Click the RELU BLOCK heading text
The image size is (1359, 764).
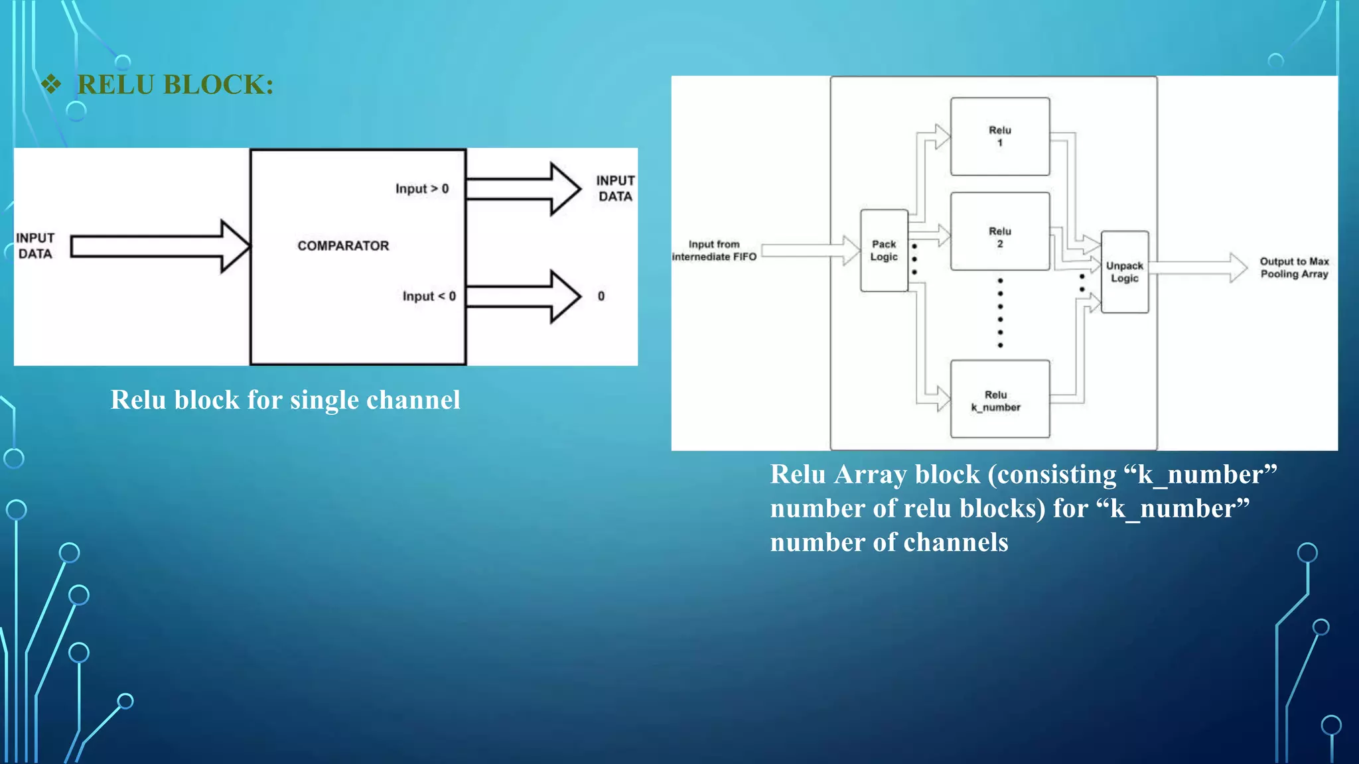[175, 85]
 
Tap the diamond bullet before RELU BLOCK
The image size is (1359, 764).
[51, 84]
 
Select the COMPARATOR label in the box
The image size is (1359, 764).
[343, 246]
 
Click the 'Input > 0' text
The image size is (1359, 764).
[422, 189]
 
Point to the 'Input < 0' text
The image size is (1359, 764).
[429, 296]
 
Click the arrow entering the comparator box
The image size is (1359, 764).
[159, 246]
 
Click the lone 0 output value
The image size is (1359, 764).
[601, 296]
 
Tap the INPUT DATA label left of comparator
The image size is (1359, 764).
[35, 246]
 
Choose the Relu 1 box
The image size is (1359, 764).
[1000, 137]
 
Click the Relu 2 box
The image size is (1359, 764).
[1000, 231]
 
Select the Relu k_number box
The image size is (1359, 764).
[1000, 399]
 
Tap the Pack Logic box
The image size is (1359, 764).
[884, 251]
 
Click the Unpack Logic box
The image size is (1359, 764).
[1125, 272]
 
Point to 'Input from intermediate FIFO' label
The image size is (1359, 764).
[714, 251]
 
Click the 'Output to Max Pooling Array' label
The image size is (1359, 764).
[1294, 268]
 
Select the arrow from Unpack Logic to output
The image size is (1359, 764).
[1198, 268]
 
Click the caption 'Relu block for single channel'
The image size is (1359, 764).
[285, 400]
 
